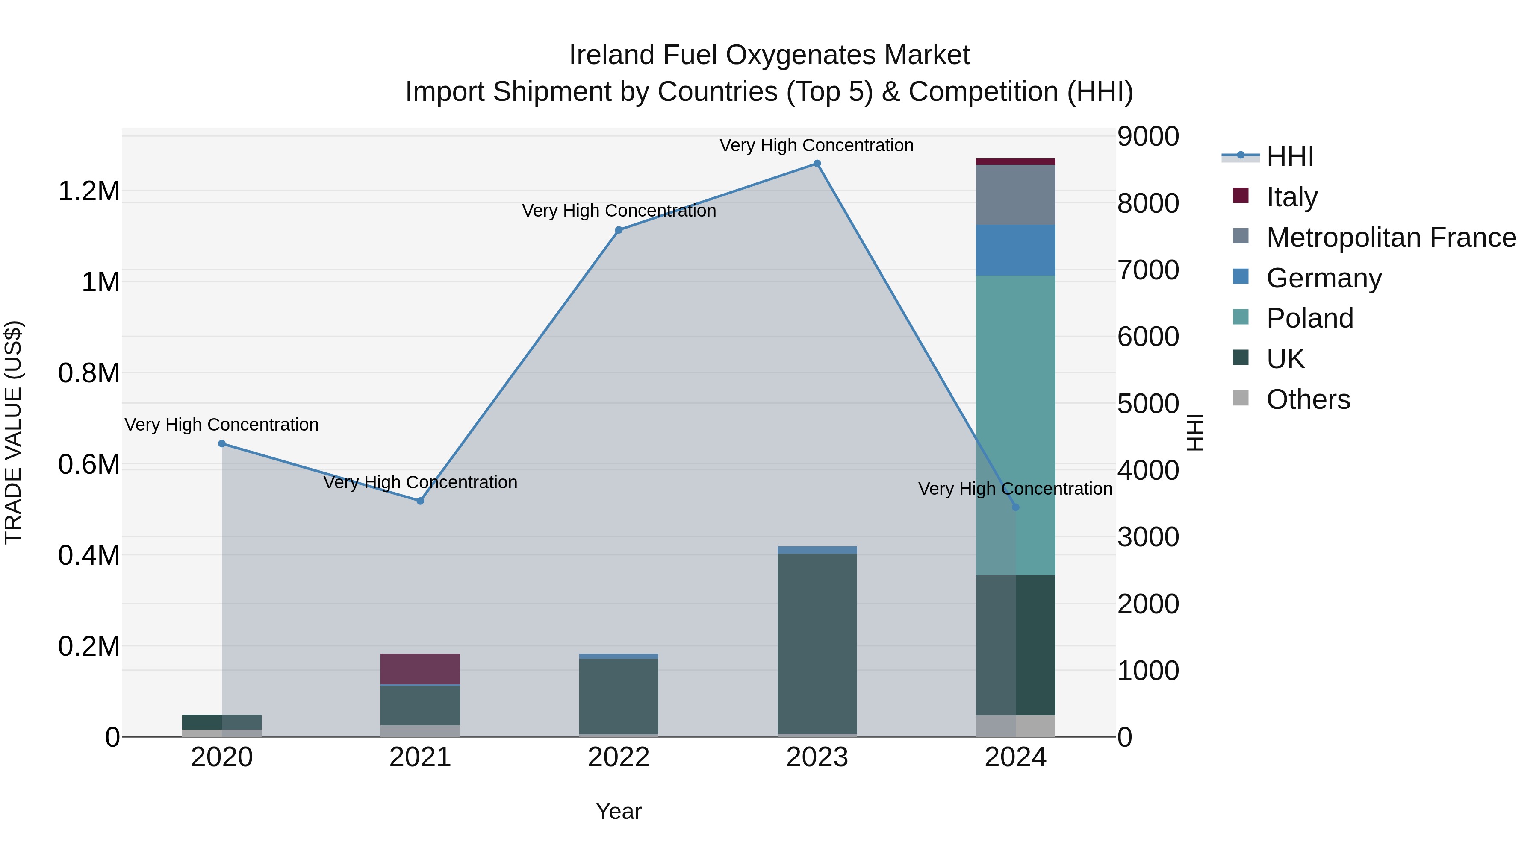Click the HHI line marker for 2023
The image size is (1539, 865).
point(817,164)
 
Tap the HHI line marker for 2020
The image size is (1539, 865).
point(221,443)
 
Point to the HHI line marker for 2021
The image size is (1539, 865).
point(420,501)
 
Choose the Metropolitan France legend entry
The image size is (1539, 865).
point(1390,237)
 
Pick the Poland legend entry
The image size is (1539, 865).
point(1309,318)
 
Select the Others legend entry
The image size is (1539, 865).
point(1308,399)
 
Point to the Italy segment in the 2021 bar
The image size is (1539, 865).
point(420,669)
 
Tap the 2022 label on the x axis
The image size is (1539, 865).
point(618,757)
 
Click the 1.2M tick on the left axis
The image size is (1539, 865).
point(88,192)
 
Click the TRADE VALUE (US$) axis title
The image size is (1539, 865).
point(13,432)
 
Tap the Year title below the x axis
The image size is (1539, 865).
point(618,811)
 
